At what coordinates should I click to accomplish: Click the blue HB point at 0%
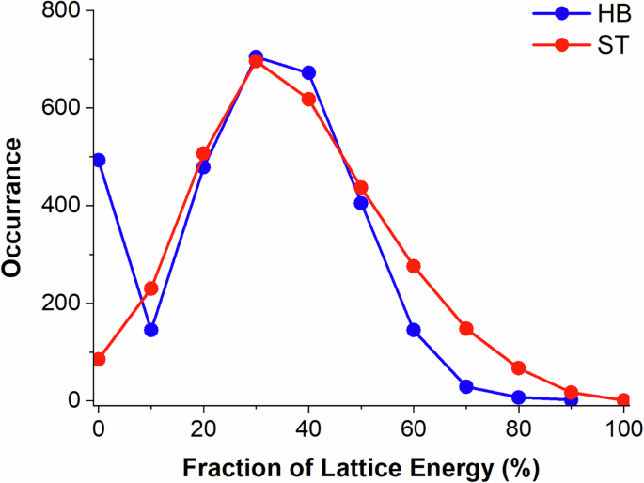pyautogui.click(x=99, y=160)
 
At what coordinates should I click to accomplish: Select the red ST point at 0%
pyautogui.click(x=99, y=359)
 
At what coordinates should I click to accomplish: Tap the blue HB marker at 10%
pyautogui.click(x=151, y=330)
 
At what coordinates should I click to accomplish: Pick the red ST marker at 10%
pyautogui.click(x=151, y=288)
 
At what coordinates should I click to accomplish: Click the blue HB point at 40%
pyautogui.click(x=308, y=72)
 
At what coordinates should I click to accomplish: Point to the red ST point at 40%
pyautogui.click(x=308, y=99)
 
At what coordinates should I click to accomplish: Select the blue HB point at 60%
pyautogui.click(x=414, y=330)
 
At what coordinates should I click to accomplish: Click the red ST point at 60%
pyautogui.click(x=414, y=266)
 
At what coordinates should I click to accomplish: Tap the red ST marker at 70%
pyautogui.click(x=466, y=329)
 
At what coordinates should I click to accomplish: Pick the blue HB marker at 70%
pyautogui.click(x=466, y=386)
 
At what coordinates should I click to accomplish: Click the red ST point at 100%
pyautogui.click(x=623, y=399)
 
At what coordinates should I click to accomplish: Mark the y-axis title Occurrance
pyautogui.click(x=13, y=206)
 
